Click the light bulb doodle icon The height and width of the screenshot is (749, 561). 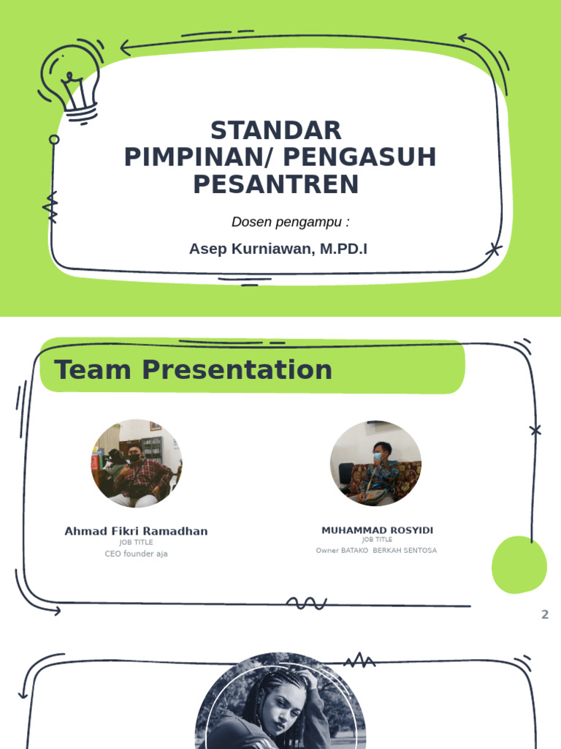[70, 80]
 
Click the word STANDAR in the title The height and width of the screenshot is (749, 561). [276, 131]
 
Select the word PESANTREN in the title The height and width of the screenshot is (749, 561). [276, 184]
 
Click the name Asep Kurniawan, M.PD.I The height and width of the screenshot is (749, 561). [278, 249]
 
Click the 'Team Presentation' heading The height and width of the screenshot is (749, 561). [193, 370]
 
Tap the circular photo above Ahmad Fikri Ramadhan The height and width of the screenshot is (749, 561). [136, 464]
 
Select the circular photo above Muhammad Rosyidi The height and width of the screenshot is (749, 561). [375, 464]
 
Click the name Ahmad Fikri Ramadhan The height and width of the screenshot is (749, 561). [136, 531]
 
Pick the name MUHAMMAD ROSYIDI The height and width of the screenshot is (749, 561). [377, 530]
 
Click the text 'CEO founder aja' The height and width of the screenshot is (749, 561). [136, 554]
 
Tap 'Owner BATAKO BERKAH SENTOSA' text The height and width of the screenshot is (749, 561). [376, 550]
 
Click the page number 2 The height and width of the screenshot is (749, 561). [544, 614]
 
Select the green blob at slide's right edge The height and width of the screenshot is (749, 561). [519, 565]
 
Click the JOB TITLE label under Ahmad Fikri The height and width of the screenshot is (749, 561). [136, 543]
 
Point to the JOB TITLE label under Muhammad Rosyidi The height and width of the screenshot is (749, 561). [377, 540]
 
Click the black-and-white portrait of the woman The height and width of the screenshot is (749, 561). [280, 706]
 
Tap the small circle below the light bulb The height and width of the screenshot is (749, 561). [54, 139]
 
